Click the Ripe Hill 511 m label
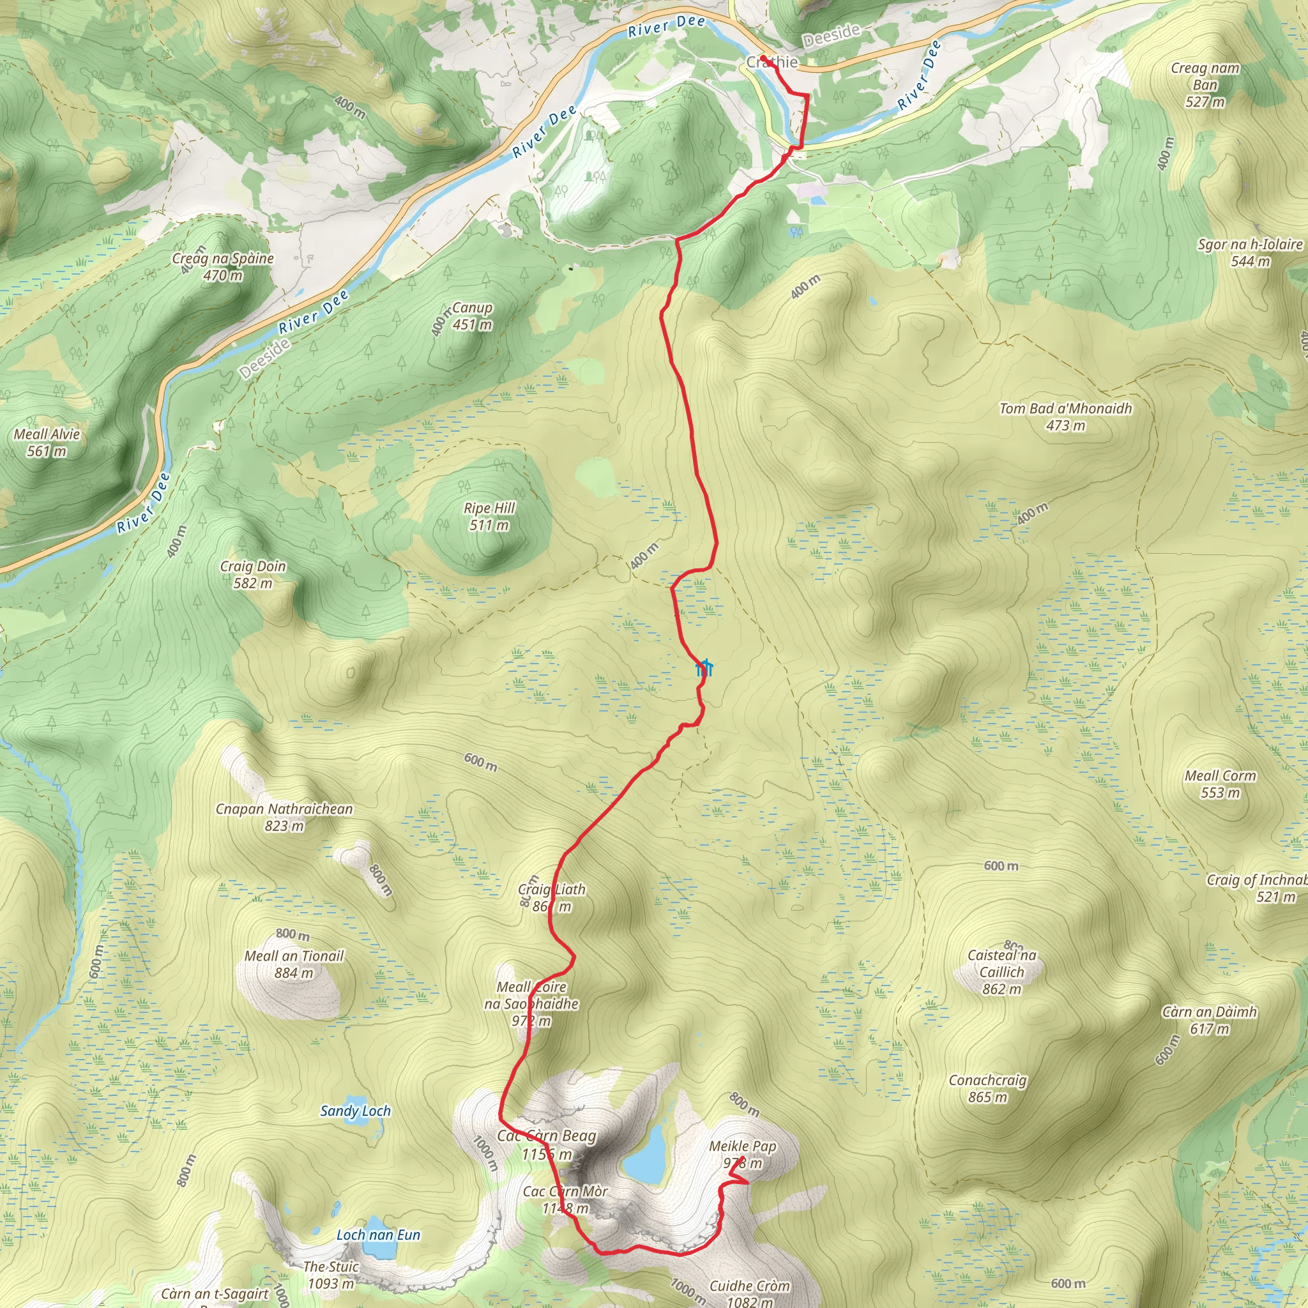point(489,517)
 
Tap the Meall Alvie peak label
point(47,443)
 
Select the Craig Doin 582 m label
point(252,575)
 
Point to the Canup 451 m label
point(472,316)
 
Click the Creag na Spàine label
point(223,267)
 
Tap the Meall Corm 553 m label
point(1219,784)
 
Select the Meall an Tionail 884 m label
point(294,964)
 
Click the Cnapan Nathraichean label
point(284,817)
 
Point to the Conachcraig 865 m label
point(987,1089)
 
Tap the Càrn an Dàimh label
point(1209,1020)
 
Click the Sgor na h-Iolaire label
point(1250,252)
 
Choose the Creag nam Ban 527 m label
point(1205,85)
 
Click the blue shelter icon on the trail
point(705,668)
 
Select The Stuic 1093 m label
point(330,1275)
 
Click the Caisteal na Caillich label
point(1001,972)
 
